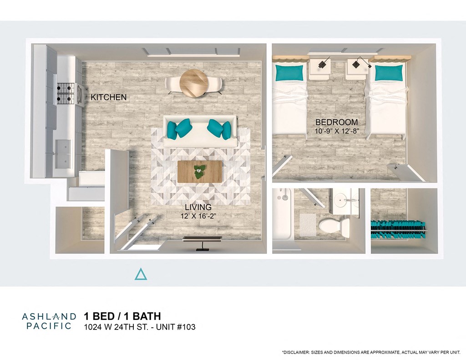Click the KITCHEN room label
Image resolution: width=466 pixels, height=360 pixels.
coord(108,97)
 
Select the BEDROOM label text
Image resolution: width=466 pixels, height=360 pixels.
coord(336,122)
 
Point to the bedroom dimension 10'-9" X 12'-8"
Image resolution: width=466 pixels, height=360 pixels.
coord(336,131)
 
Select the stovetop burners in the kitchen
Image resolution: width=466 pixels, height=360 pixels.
coord(65,92)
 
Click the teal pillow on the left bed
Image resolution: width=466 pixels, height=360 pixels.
coord(289,73)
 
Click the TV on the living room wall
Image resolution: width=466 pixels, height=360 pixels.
coord(202,239)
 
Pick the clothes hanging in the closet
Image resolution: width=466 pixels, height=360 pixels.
coord(398,229)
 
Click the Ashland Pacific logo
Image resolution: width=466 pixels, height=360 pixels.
coord(47,321)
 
